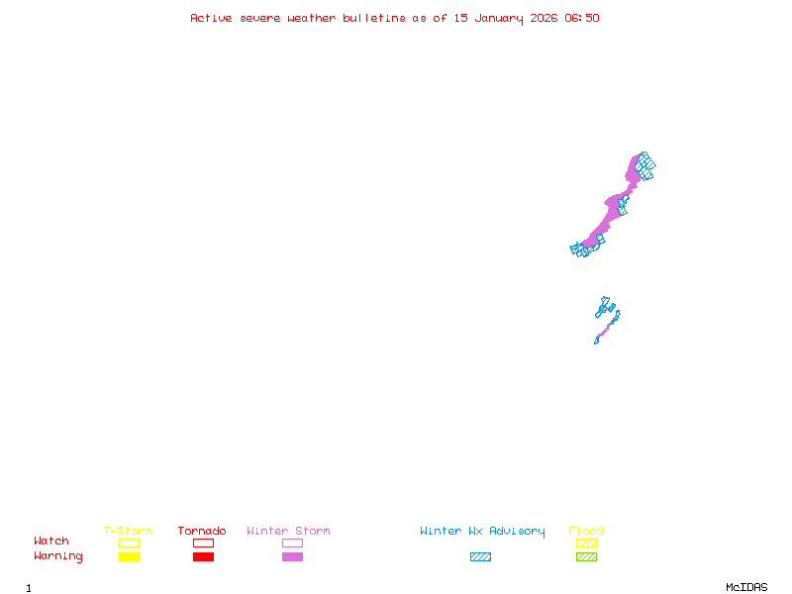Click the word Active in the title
[x=211, y=18]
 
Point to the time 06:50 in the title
[x=582, y=18]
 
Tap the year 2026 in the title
[x=544, y=18]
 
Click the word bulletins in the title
[x=373, y=18]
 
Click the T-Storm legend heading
[x=128, y=531]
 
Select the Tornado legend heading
[x=202, y=531]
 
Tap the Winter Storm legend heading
[x=288, y=531]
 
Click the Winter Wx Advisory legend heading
[x=482, y=531]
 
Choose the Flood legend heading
[x=586, y=531]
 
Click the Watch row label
[x=51, y=542]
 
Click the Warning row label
[x=58, y=556]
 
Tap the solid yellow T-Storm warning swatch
[x=129, y=556]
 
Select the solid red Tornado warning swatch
[x=203, y=556]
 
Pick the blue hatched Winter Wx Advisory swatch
[x=480, y=556]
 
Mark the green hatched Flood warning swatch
[x=586, y=556]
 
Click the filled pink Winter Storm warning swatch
[x=292, y=556]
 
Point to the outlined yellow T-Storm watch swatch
[x=129, y=543]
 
